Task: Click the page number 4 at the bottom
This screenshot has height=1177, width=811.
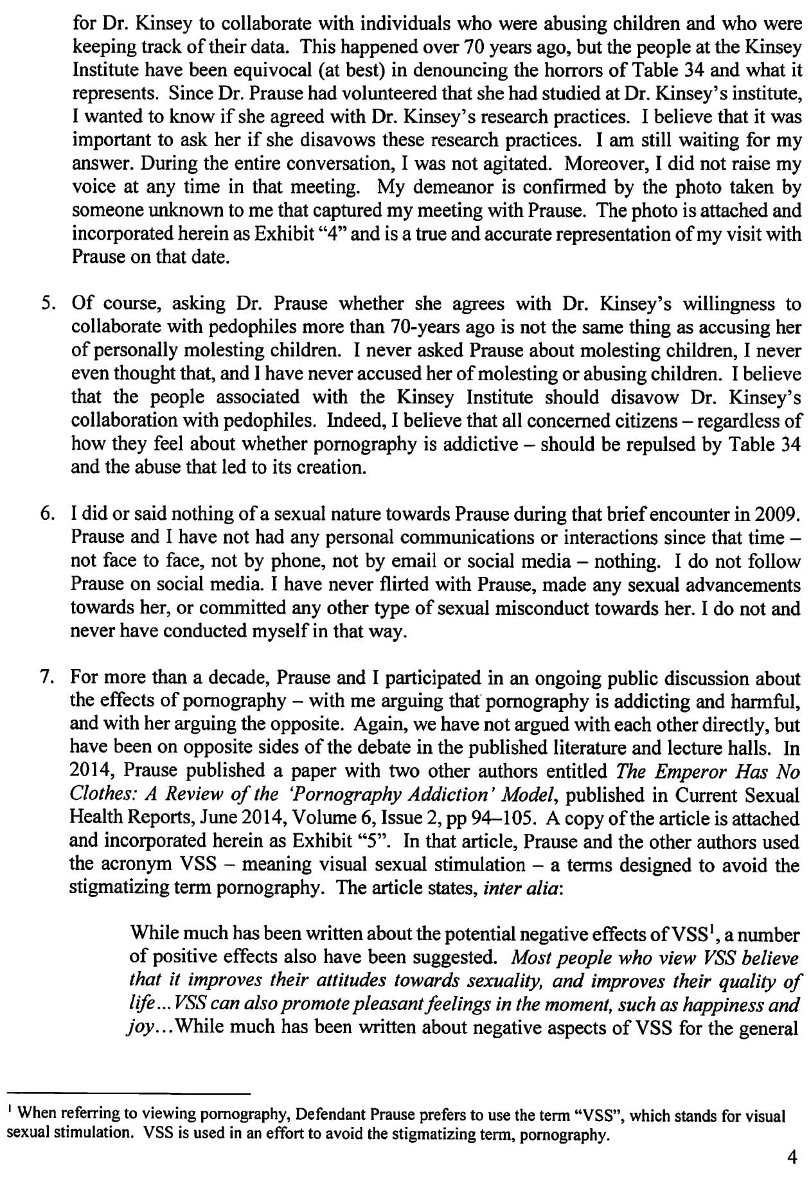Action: coord(791,1157)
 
